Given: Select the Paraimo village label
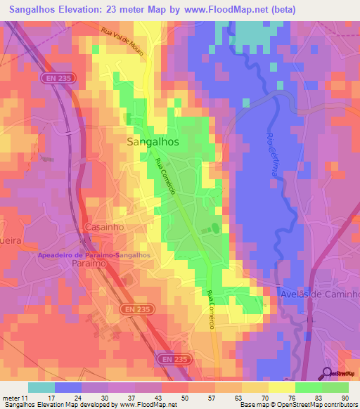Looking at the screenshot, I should coord(89,262).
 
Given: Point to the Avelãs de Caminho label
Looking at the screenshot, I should coord(320,294).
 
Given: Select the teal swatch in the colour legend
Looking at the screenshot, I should coord(41,387).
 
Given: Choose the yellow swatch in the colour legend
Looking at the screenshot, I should coord(281,387).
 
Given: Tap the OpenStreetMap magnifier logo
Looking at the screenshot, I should coord(328,372).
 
